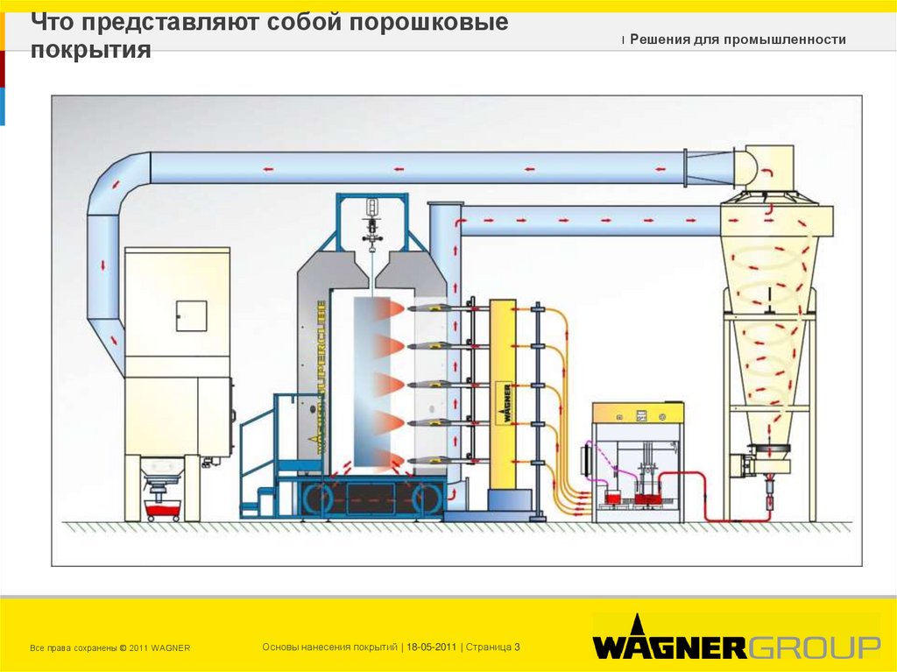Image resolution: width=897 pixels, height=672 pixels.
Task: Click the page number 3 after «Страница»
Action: [518, 647]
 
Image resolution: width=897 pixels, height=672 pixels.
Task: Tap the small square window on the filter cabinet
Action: [191, 315]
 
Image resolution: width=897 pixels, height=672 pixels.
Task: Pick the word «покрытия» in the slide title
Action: [91, 50]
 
